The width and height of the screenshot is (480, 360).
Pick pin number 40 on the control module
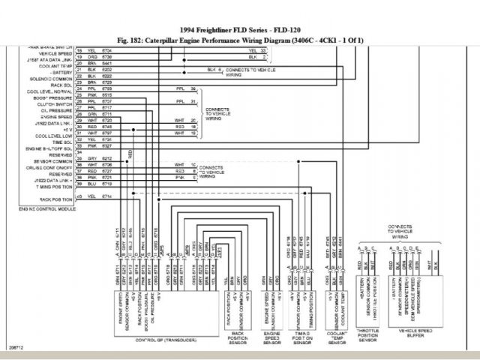[79, 196]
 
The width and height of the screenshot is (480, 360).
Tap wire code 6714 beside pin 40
[106, 196]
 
